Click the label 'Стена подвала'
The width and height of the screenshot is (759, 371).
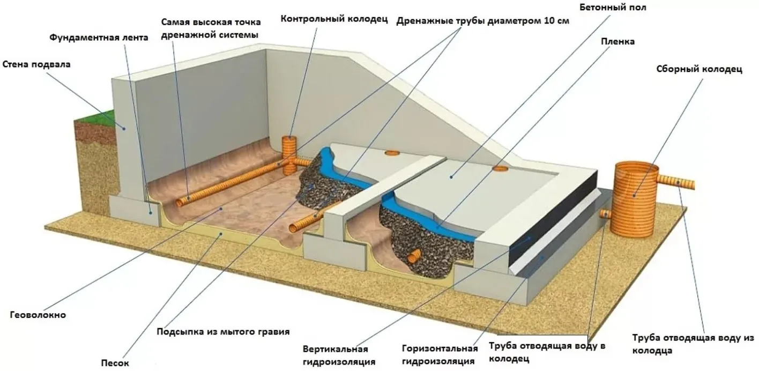click(36, 64)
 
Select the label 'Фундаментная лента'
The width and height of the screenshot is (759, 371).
click(99, 38)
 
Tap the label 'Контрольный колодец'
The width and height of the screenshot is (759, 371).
click(334, 19)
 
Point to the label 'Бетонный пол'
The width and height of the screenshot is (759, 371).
click(613, 8)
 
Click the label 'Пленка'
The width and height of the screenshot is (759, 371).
click(617, 42)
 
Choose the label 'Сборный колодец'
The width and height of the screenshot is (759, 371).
click(700, 69)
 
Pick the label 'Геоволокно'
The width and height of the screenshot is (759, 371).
click(38, 315)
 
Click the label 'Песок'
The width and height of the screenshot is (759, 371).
click(115, 363)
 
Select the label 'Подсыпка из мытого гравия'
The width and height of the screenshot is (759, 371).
click(223, 332)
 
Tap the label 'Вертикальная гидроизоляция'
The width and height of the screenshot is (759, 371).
click(339, 355)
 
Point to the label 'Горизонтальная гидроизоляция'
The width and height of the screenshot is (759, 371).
click(440, 355)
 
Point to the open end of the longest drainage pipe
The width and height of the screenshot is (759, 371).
click(181, 203)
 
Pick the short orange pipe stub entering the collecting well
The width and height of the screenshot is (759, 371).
click(606, 214)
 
